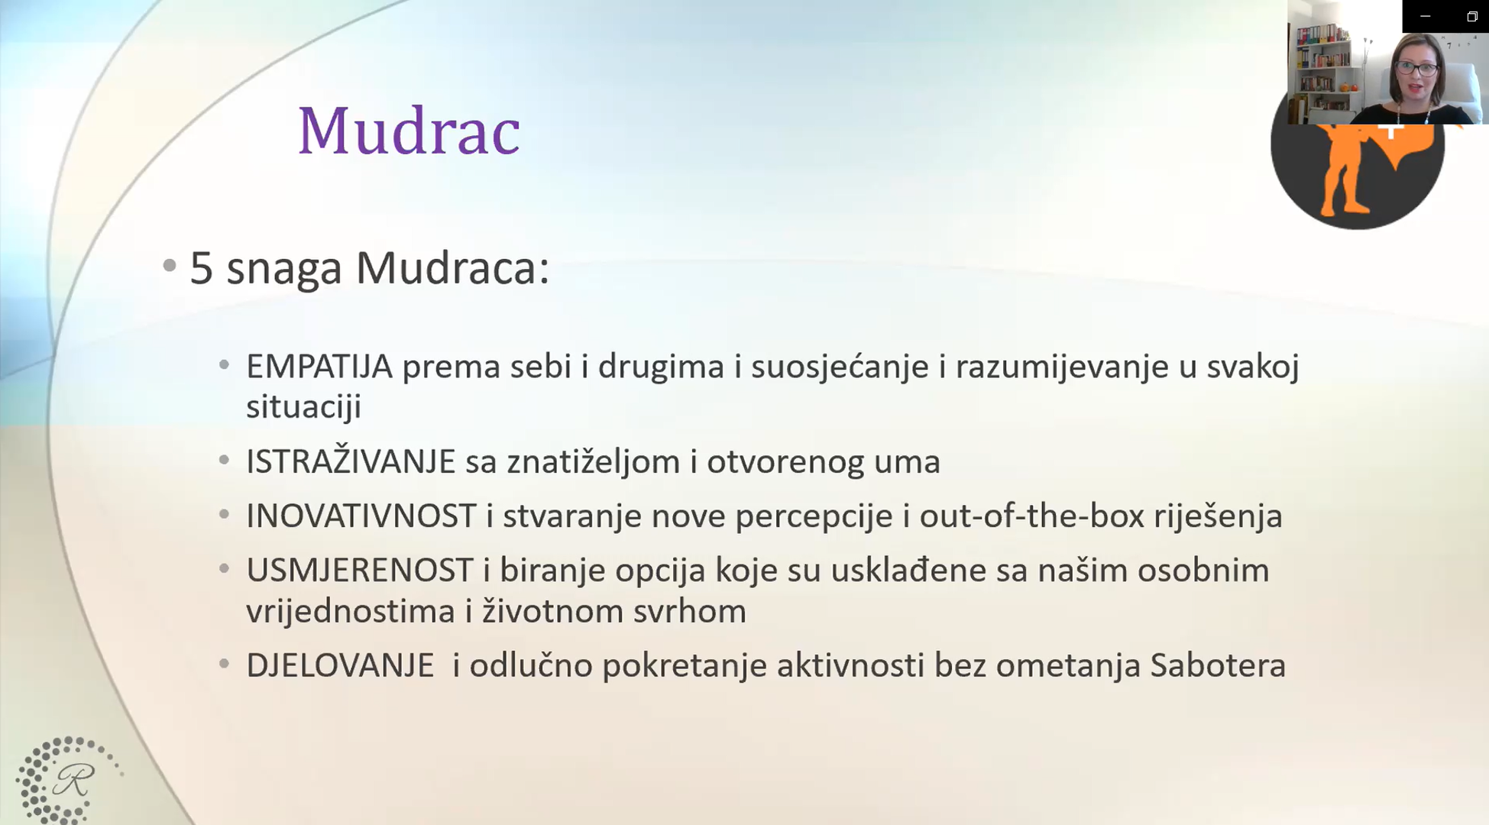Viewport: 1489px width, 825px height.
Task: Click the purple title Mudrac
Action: click(409, 131)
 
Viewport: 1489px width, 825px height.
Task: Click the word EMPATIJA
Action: click(319, 367)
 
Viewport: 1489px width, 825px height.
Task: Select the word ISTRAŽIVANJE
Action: click(351, 461)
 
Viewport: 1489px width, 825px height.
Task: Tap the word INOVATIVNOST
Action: click(361, 516)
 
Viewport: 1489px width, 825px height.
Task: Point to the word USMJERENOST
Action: click(359, 571)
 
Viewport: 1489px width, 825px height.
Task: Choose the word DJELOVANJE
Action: click(340, 665)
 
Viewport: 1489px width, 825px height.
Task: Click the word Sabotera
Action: click(1218, 665)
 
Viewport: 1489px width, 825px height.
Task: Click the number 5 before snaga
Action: click(201, 269)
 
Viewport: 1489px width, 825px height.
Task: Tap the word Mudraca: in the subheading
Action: click(452, 269)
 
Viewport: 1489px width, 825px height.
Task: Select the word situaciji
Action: click(303, 407)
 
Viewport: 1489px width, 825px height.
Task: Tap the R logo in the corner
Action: click(70, 779)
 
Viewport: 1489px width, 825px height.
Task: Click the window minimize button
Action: click(1425, 16)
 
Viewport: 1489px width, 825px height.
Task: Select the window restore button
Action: click(1472, 16)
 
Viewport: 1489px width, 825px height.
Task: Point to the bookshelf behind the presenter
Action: click(1324, 69)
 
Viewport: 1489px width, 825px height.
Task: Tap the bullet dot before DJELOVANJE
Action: click(224, 664)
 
